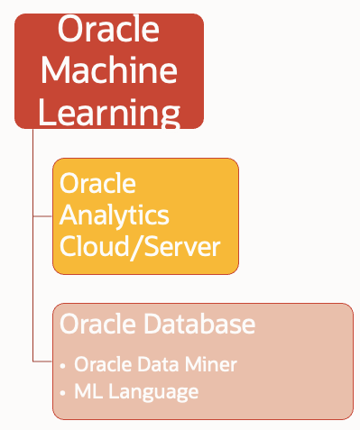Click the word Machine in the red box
(x=109, y=70)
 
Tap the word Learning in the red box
(x=109, y=111)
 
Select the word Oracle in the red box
(x=108, y=29)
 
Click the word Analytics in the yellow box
(x=115, y=215)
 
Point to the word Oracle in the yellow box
(x=97, y=184)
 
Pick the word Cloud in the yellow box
(x=94, y=246)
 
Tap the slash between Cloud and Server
(x=134, y=246)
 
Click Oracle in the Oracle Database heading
(x=91, y=324)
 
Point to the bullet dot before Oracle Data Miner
(x=62, y=367)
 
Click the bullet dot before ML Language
(x=62, y=394)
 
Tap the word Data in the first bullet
(x=169, y=365)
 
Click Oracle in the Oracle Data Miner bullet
(x=105, y=365)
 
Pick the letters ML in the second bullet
(x=87, y=392)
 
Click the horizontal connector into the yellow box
(x=42, y=216)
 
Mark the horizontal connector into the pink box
(x=42, y=361)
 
